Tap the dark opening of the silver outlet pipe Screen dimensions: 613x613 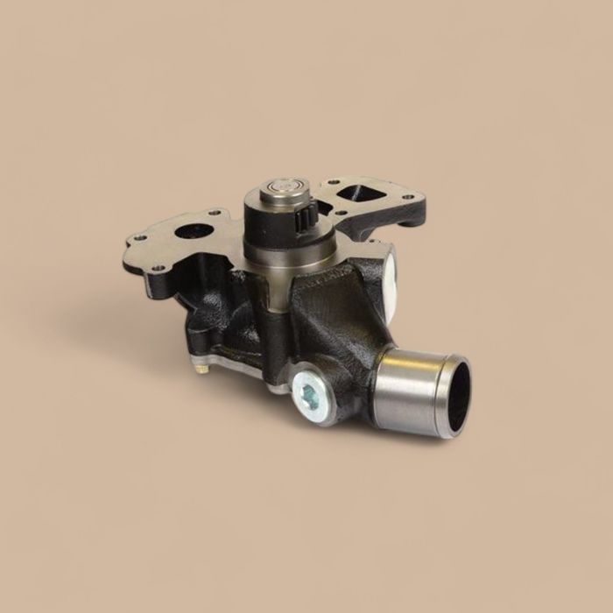point(458,397)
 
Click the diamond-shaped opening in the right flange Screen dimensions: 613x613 point(352,193)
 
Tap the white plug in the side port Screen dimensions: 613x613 point(389,273)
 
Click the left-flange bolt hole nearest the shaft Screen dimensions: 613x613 point(215,213)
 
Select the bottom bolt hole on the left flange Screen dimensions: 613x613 point(158,268)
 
